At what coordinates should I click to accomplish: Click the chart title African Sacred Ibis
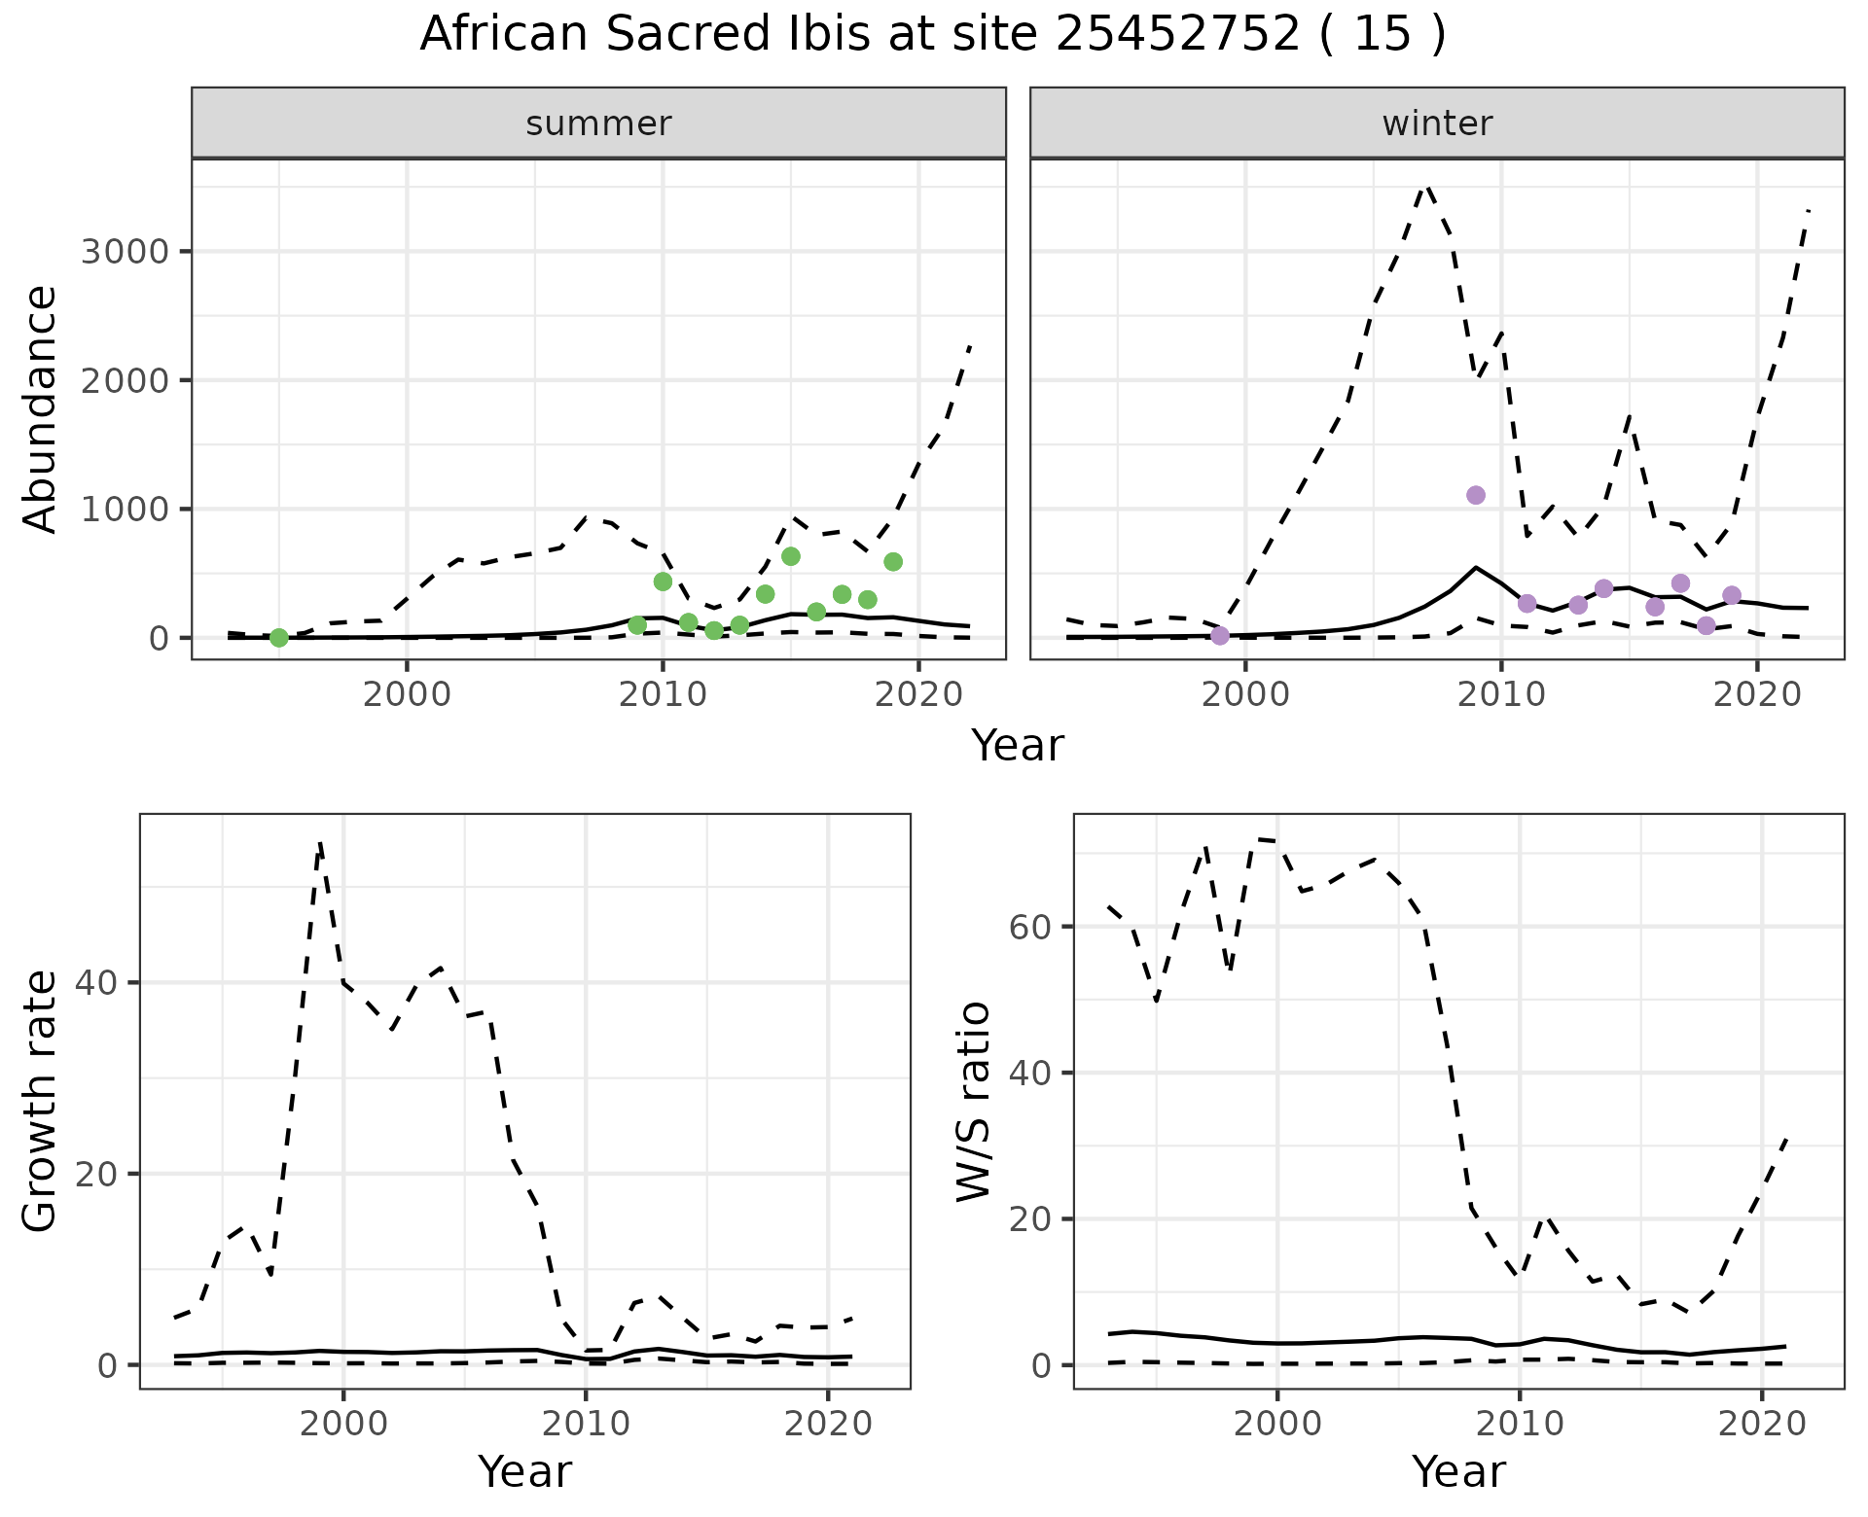pos(932,35)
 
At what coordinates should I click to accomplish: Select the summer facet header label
pos(598,123)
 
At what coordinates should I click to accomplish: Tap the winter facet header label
pos(1437,123)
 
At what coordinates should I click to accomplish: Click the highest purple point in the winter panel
pos(1476,495)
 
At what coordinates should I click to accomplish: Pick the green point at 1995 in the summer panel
pos(279,638)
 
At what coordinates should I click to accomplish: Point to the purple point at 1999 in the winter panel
pos(1220,636)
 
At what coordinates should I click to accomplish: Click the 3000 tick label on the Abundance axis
pos(126,252)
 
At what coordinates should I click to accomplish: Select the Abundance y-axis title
pos(41,408)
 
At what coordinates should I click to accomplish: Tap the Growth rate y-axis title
pos(41,1102)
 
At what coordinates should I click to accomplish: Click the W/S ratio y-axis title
pos(973,1102)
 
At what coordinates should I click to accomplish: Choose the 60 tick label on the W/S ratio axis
pos(1028,927)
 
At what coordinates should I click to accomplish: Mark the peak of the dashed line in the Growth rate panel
pos(320,843)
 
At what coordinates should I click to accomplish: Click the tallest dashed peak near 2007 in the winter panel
pos(1426,186)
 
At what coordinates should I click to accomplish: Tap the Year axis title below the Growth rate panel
pos(524,1471)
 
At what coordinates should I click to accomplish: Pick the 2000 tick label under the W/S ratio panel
pos(1277,1425)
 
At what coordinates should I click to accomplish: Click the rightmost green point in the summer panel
pos(893,562)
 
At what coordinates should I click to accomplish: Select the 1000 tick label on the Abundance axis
pos(126,510)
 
